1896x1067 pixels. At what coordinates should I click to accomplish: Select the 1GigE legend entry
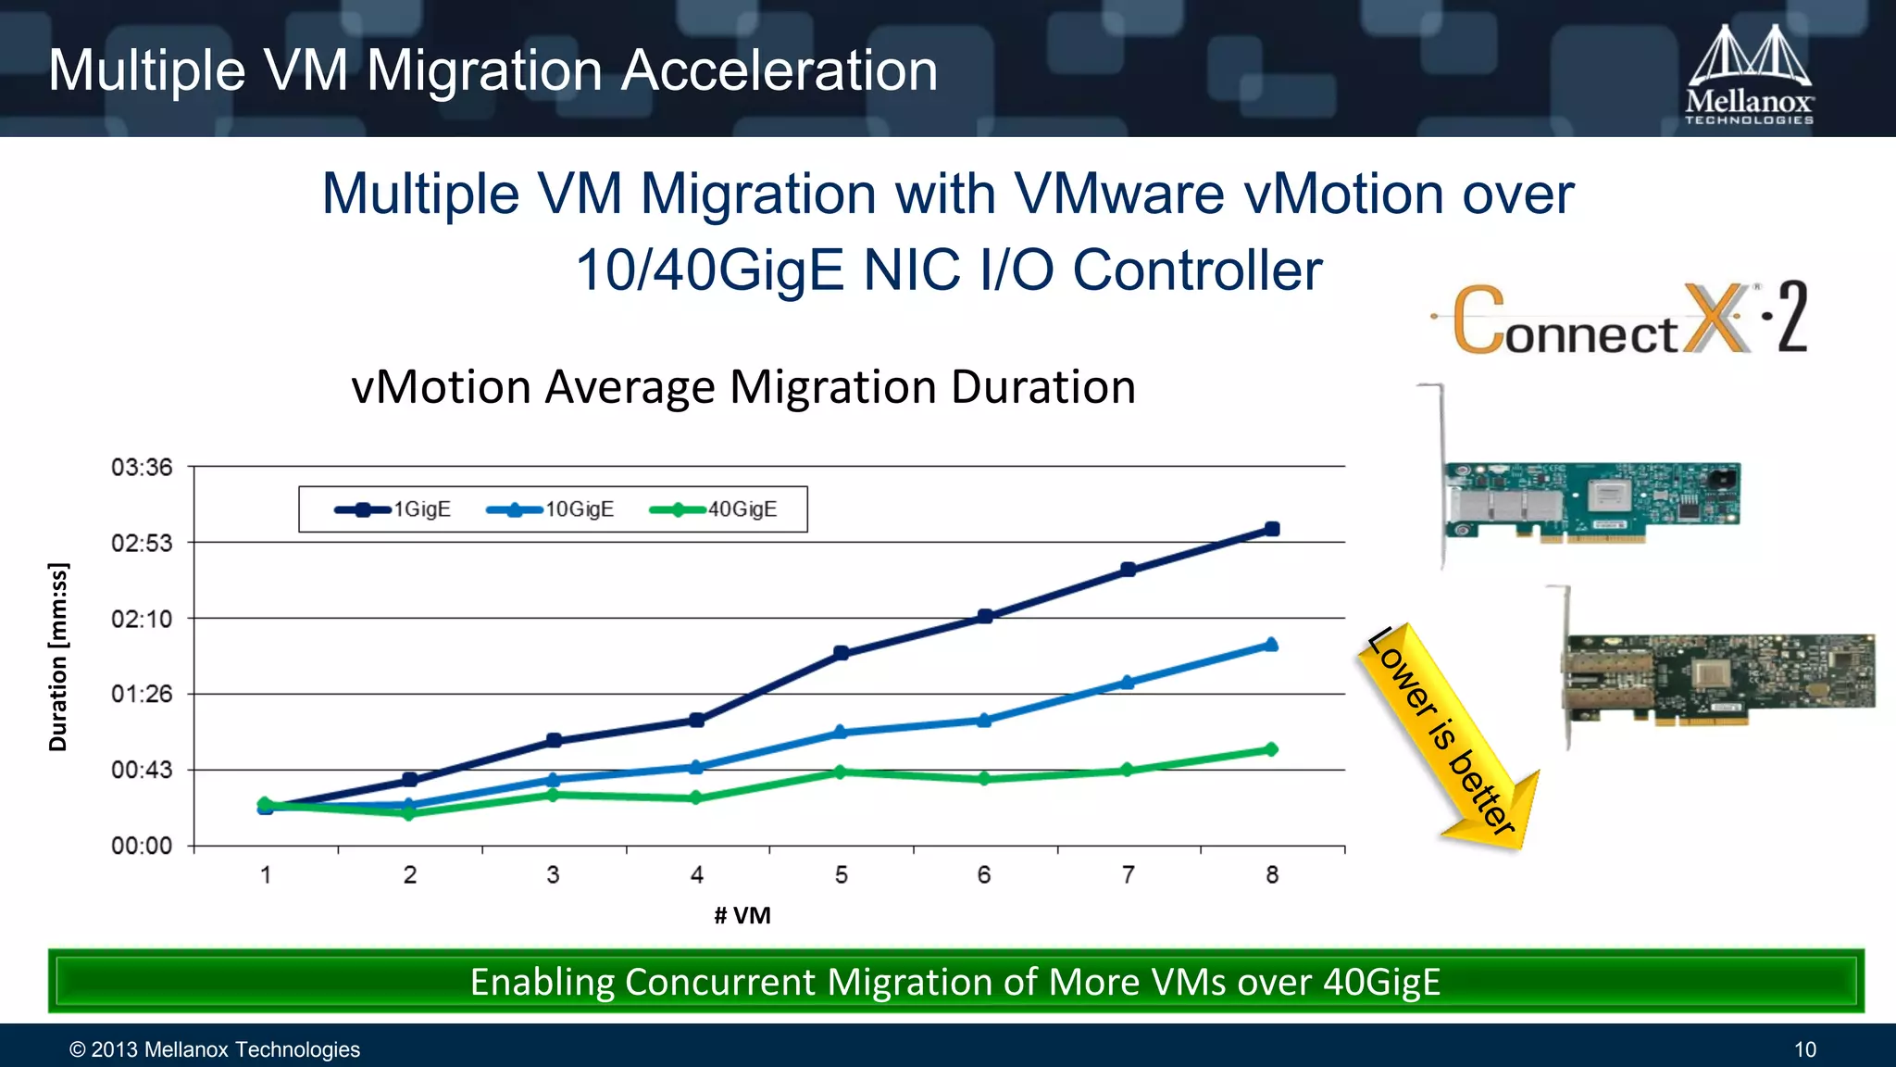[x=393, y=509]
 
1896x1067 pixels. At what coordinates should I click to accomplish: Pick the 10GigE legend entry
[x=550, y=509]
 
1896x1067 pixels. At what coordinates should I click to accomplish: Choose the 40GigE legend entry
[x=714, y=509]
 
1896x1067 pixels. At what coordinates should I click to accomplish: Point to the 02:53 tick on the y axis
[x=142, y=543]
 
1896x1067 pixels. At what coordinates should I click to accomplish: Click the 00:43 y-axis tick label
[x=142, y=770]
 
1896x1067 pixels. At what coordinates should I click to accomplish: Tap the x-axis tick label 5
[x=841, y=874]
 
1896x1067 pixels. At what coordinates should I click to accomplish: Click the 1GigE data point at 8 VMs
[x=1272, y=529]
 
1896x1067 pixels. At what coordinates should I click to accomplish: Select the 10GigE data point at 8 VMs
[x=1271, y=645]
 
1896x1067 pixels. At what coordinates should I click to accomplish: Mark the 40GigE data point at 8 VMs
[x=1271, y=749]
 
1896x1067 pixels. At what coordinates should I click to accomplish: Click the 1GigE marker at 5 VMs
[x=841, y=653]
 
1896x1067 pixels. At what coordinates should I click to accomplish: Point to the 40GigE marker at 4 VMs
[x=696, y=797]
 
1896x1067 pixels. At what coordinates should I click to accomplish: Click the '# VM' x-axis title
[x=742, y=915]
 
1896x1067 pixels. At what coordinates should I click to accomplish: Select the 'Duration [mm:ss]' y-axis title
[x=58, y=656]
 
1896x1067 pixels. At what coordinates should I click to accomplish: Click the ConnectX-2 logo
[x=1620, y=320]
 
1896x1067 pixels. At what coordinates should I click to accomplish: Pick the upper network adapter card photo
[x=1590, y=500]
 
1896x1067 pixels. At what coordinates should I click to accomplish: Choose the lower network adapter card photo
[x=1717, y=676]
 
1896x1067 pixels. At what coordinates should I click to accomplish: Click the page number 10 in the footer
[x=1804, y=1049]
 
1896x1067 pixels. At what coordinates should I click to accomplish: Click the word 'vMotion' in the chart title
[x=441, y=387]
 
